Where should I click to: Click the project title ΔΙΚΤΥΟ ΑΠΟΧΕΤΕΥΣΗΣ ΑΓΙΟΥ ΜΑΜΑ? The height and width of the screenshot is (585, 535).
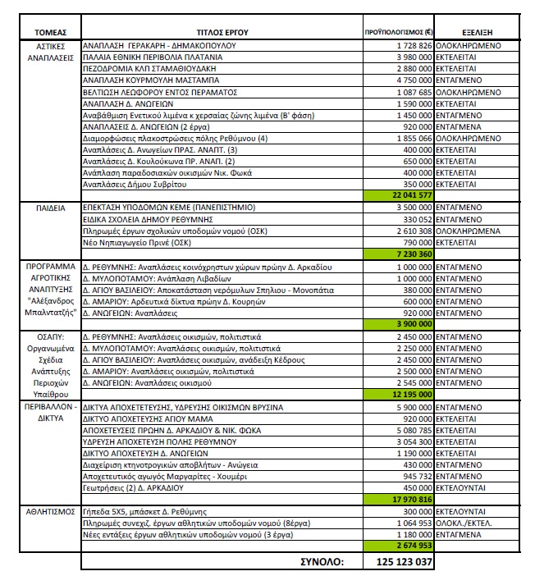[150, 418]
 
